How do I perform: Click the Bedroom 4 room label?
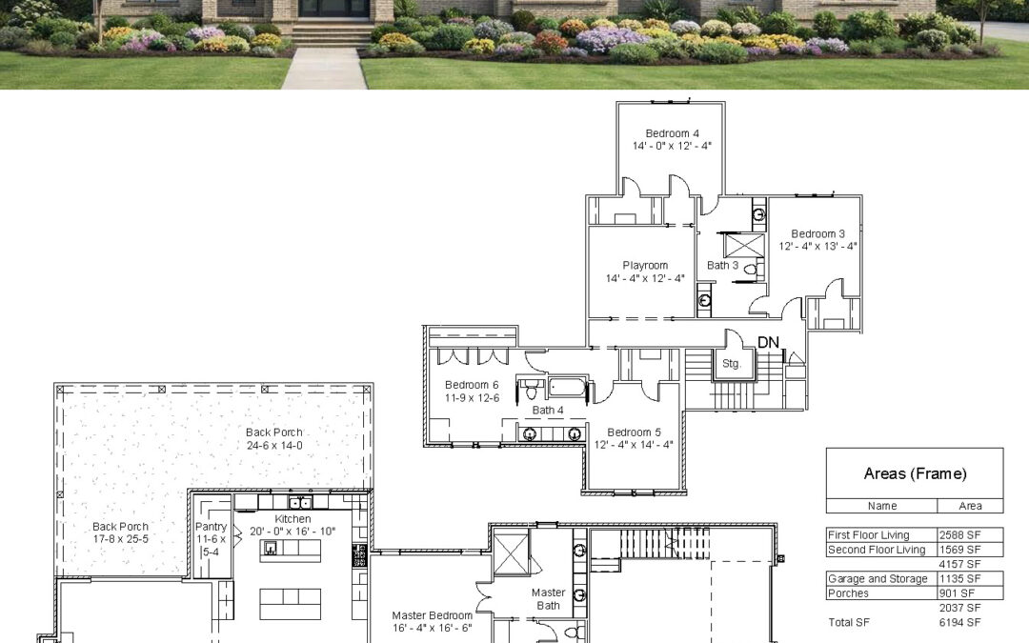[x=672, y=133]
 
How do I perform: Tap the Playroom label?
[x=645, y=266]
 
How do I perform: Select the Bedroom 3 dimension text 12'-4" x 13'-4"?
[x=817, y=246]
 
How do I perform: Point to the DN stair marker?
[x=768, y=343]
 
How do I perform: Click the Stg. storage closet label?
[x=731, y=364]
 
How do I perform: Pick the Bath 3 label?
[x=722, y=265]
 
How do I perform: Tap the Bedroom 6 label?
[x=472, y=385]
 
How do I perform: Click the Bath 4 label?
[x=547, y=410]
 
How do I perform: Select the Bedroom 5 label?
[x=634, y=432]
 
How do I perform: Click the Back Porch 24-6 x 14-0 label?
[x=274, y=439]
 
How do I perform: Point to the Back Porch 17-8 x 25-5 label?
[x=120, y=532]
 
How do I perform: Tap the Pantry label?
[x=211, y=527]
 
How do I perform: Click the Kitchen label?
[x=293, y=519]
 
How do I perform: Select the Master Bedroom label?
[x=432, y=615]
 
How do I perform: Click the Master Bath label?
[x=549, y=599]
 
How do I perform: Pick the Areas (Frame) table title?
[x=915, y=473]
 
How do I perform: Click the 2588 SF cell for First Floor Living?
[x=960, y=535]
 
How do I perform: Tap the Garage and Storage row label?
[x=878, y=579]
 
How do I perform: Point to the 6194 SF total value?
[x=960, y=622]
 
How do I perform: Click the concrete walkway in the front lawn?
[x=326, y=68]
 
